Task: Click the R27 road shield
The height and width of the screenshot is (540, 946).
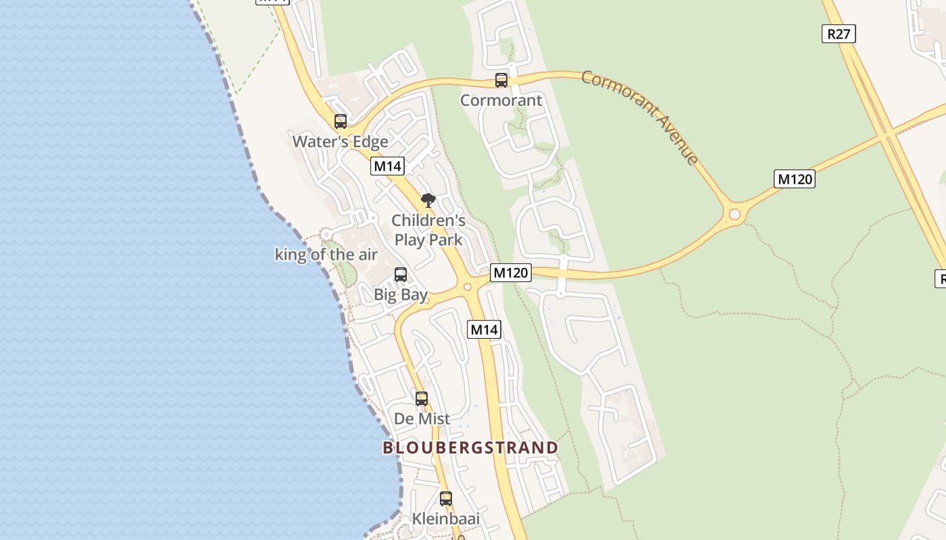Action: tap(839, 33)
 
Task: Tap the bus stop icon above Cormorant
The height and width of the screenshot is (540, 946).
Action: tap(501, 80)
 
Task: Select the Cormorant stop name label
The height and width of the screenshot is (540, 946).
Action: tap(501, 101)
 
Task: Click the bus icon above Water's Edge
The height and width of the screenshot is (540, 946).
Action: tap(341, 122)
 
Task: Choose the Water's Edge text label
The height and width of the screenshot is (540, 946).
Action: tap(341, 142)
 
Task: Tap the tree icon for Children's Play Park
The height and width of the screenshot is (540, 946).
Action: tap(428, 200)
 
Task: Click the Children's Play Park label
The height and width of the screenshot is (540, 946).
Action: tap(428, 230)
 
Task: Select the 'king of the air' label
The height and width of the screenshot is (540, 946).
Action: tap(326, 254)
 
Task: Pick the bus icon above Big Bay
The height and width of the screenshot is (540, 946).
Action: tap(401, 275)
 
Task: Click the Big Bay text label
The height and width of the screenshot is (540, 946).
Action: tap(401, 295)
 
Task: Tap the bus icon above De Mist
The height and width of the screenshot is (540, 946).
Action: tap(422, 399)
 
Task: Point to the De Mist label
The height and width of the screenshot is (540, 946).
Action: tap(422, 419)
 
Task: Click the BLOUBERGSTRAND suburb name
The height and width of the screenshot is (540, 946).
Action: tap(470, 448)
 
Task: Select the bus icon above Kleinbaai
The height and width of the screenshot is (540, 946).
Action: tap(446, 499)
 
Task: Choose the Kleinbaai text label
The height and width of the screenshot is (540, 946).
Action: tap(446, 519)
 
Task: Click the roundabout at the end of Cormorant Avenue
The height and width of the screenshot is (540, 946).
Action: tap(735, 215)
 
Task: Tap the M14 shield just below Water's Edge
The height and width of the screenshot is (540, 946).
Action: tap(387, 166)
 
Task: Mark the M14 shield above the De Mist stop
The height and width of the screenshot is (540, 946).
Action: tap(484, 329)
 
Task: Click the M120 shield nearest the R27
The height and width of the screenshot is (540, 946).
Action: tap(794, 179)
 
